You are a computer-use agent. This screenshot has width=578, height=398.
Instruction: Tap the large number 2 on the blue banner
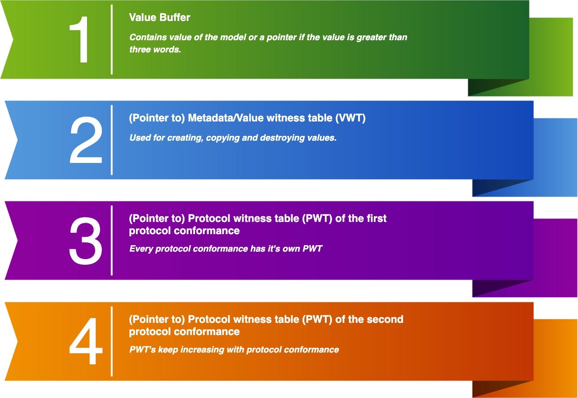coord(86,140)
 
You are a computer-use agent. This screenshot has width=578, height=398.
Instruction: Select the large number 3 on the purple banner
coord(86,240)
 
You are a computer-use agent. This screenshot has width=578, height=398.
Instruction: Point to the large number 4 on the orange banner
coord(86,341)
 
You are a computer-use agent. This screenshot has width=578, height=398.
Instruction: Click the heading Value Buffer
coord(160,17)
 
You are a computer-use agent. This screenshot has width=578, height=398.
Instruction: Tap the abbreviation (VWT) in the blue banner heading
coord(350,118)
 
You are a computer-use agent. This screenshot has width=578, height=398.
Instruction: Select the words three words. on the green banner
coord(155,49)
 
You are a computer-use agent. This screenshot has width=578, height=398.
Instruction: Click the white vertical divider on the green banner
coord(111,39)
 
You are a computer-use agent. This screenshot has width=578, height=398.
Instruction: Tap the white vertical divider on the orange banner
coord(111,341)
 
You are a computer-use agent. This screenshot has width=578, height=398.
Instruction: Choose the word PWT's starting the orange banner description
coord(143,350)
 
